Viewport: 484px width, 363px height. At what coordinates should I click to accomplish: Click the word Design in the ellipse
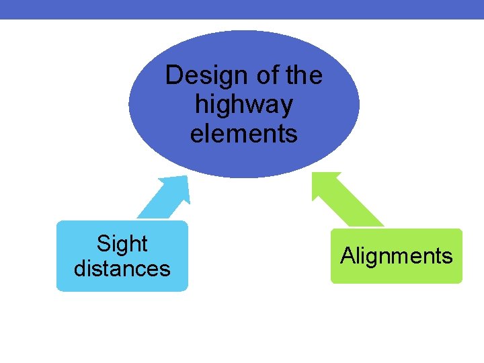click(x=198, y=75)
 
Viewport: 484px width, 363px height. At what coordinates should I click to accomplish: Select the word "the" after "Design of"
click(x=304, y=75)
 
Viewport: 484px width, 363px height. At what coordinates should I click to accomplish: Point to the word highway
click(x=243, y=106)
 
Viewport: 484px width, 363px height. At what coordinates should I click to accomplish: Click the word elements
click(x=243, y=134)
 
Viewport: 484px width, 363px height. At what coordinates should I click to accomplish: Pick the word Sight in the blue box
click(x=122, y=243)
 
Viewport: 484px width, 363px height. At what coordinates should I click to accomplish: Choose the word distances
click(x=122, y=268)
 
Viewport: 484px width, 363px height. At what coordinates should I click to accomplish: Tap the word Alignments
click(x=397, y=256)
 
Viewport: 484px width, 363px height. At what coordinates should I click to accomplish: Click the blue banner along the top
click(x=242, y=9)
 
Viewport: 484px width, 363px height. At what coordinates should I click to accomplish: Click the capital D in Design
click(x=173, y=75)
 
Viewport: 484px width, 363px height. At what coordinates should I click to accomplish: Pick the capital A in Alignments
click(x=348, y=256)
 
